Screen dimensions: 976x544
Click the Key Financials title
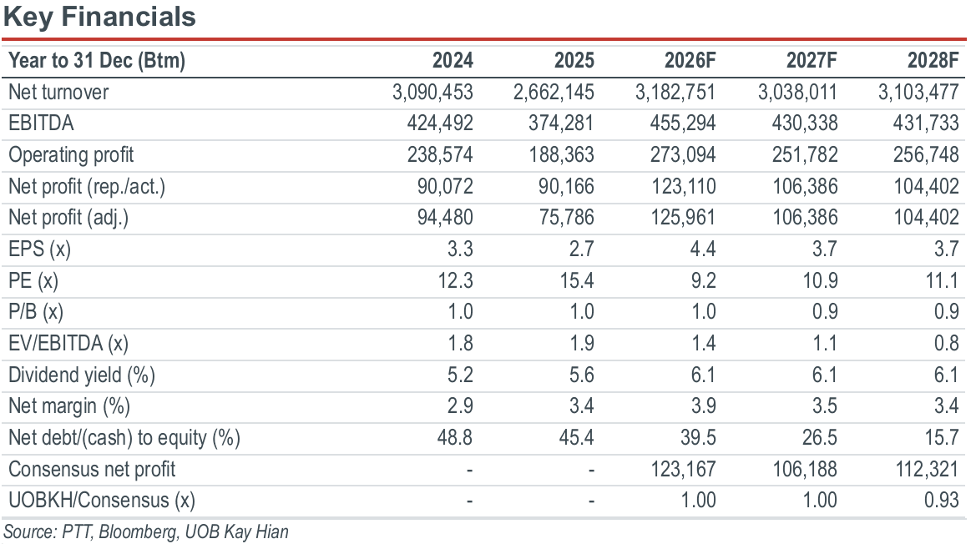pyautogui.click(x=99, y=17)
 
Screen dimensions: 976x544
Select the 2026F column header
pyautogui.click(x=690, y=60)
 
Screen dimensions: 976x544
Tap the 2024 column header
pyautogui.click(x=453, y=60)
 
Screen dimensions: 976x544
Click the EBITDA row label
pyautogui.click(x=41, y=123)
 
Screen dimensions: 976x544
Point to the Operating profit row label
pyautogui.click(x=71, y=155)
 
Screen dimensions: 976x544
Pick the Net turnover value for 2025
pyautogui.click(x=554, y=92)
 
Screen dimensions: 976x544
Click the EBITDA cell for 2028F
pyautogui.click(x=926, y=123)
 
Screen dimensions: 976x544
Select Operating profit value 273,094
pyautogui.click(x=683, y=155)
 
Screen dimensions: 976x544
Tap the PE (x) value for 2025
pyautogui.click(x=576, y=280)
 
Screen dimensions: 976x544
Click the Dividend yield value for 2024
pyautogui.click(x=460, y=375)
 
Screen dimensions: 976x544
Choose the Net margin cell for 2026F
pyautogui.click(x=703, y=406)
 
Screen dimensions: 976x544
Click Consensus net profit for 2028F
pyautogui.click(x=927, y=470)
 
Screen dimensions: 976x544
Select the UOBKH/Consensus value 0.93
pyautogui.click(x=941, y=501)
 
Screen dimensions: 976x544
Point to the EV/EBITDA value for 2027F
pyautogui.click(x=825, y=343)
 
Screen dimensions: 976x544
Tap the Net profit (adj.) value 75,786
pyautogui.click(x=561, y=218)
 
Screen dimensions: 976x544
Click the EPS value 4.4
pyautogui.click(x=703, y=249)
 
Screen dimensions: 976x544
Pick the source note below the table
pyautogui.click(x=146, y=532)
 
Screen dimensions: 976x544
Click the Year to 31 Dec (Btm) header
pyautogui.click(x=97, y=60)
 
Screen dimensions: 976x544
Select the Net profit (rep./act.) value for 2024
pyautogui.click(x=445, y=187)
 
